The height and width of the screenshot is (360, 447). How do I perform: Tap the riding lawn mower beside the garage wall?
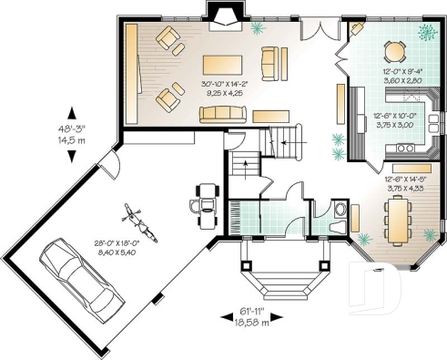pyautogui.click(x=206, y=200)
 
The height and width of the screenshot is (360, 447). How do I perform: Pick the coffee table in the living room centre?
pyautogui.click(x=222, y=66)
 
